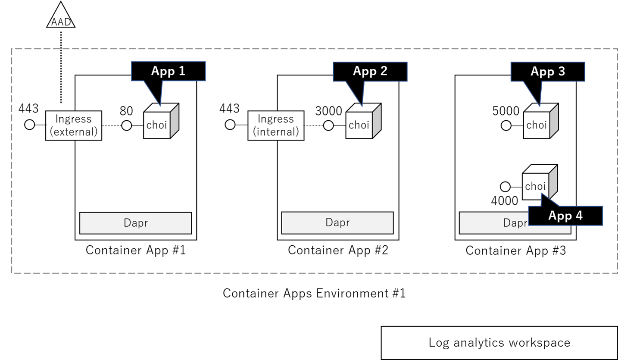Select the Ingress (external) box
74,125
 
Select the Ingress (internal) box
276,125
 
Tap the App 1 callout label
168,71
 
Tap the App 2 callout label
370,71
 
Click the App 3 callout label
548,71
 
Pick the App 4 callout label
565,216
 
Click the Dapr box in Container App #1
135,223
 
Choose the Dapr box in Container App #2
337,223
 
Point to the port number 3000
328,111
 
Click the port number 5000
506,111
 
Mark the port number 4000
505,200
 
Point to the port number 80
126,111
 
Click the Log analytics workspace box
499,343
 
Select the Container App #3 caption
515,250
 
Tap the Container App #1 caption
135,250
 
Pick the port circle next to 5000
506,125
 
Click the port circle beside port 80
126,125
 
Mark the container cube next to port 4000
539,184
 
